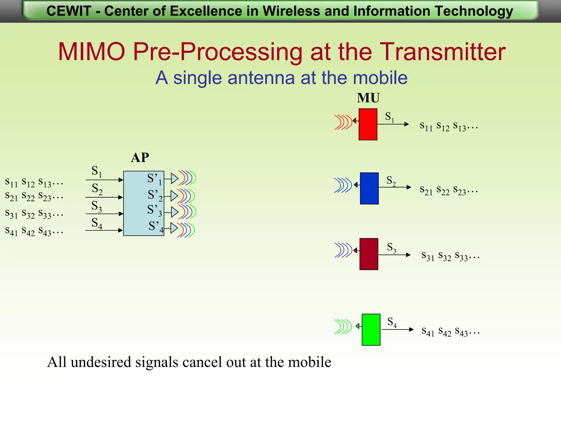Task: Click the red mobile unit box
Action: pos(368,124)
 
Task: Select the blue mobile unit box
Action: pos(369,188)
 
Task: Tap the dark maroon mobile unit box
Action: pos(369,254)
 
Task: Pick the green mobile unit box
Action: pos(371,330)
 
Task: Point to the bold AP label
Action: pos(140,158)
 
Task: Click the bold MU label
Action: pos(368,98)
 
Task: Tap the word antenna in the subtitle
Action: pos(261,78)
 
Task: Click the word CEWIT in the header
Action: pos(69,11)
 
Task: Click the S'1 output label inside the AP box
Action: pos(154,179)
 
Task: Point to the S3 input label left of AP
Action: pos(96,206)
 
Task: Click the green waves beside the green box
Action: pos(343,327)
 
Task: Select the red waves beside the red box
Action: pos(343,122)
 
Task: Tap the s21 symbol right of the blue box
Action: pos(426,190)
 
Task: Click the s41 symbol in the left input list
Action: pos(11,231)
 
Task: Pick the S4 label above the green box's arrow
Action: pos(392,322)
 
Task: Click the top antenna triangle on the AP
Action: pos(174,178)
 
